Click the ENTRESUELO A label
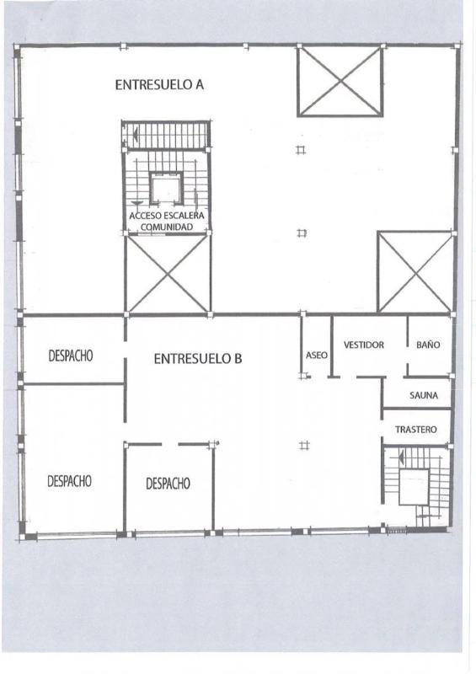[x=159, y=85]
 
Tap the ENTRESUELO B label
[x=198, y=359]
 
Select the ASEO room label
[x=317, y=356]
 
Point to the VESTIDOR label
[x=364, y=345]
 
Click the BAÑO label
[x=428, y=345]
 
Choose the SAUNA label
[x=424, y=395]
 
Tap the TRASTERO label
[x=416, y=430]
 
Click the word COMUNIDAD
[x=167, y=227]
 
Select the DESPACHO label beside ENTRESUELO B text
[x=71, y=356]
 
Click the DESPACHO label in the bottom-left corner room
[x=69, y=481]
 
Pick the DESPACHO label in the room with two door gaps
[x=168, y=484]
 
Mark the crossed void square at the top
[x=340, y=81]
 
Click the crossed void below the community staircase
[x=168, y=274]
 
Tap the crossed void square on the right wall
[x=415, y=272]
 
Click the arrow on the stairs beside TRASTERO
[x=402, y=457]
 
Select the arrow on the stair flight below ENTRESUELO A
[x=135, y=135]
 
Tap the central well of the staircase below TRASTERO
[x=414, y=487]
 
